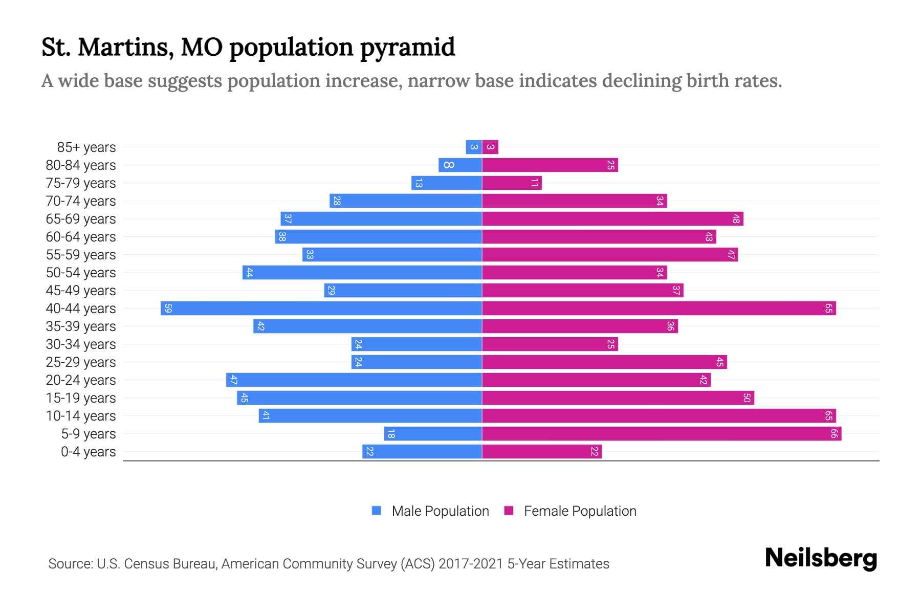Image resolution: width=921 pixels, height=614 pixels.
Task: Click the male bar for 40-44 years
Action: coord(321,309)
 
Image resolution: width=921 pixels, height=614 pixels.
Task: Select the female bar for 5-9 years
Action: coord(662,434)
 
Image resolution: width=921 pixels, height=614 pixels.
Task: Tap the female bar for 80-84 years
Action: coord(550,165)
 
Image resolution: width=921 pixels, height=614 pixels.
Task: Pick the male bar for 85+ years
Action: coord(474,147)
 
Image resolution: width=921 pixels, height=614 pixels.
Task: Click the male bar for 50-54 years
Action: coord(362,273)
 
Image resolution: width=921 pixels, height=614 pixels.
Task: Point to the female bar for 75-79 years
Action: coord(512,183)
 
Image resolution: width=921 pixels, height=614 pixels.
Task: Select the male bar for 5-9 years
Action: coord(433,434)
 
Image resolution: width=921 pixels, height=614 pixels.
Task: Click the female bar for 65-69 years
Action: coord(612,219)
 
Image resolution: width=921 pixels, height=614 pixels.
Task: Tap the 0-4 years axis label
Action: coord(88,452)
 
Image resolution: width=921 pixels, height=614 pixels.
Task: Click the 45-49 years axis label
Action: coord(81,291)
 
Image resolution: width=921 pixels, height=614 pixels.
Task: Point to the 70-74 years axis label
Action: coord(81,201)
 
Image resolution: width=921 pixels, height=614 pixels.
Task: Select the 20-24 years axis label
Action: coord(81,380)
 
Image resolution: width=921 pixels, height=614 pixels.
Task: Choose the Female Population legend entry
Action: coord(571,511)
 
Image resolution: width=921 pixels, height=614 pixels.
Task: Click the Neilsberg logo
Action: coord(821,558)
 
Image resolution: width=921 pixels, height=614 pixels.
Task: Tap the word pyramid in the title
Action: coord(407,48)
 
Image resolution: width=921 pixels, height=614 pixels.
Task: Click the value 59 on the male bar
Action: coord(168,309)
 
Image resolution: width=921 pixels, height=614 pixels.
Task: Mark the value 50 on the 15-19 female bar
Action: coord(747,398)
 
